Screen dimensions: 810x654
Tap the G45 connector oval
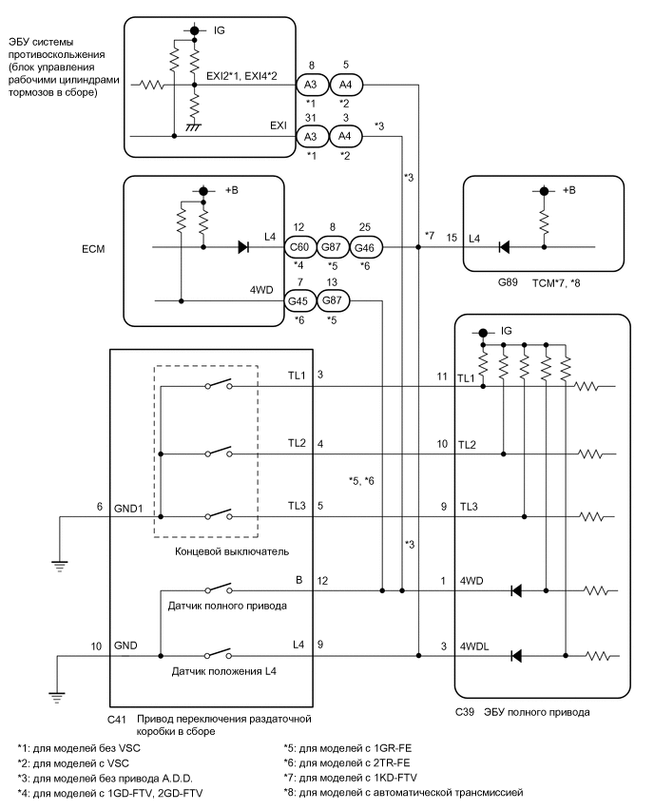click(x=300, y=302)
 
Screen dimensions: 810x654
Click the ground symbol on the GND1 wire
click(x=59, y=568)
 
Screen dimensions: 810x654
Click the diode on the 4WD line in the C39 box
click(x=516, y=590)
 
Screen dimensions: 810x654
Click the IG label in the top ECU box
click(x=221, y=31)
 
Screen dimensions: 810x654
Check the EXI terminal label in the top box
click(x=279, y=123)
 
